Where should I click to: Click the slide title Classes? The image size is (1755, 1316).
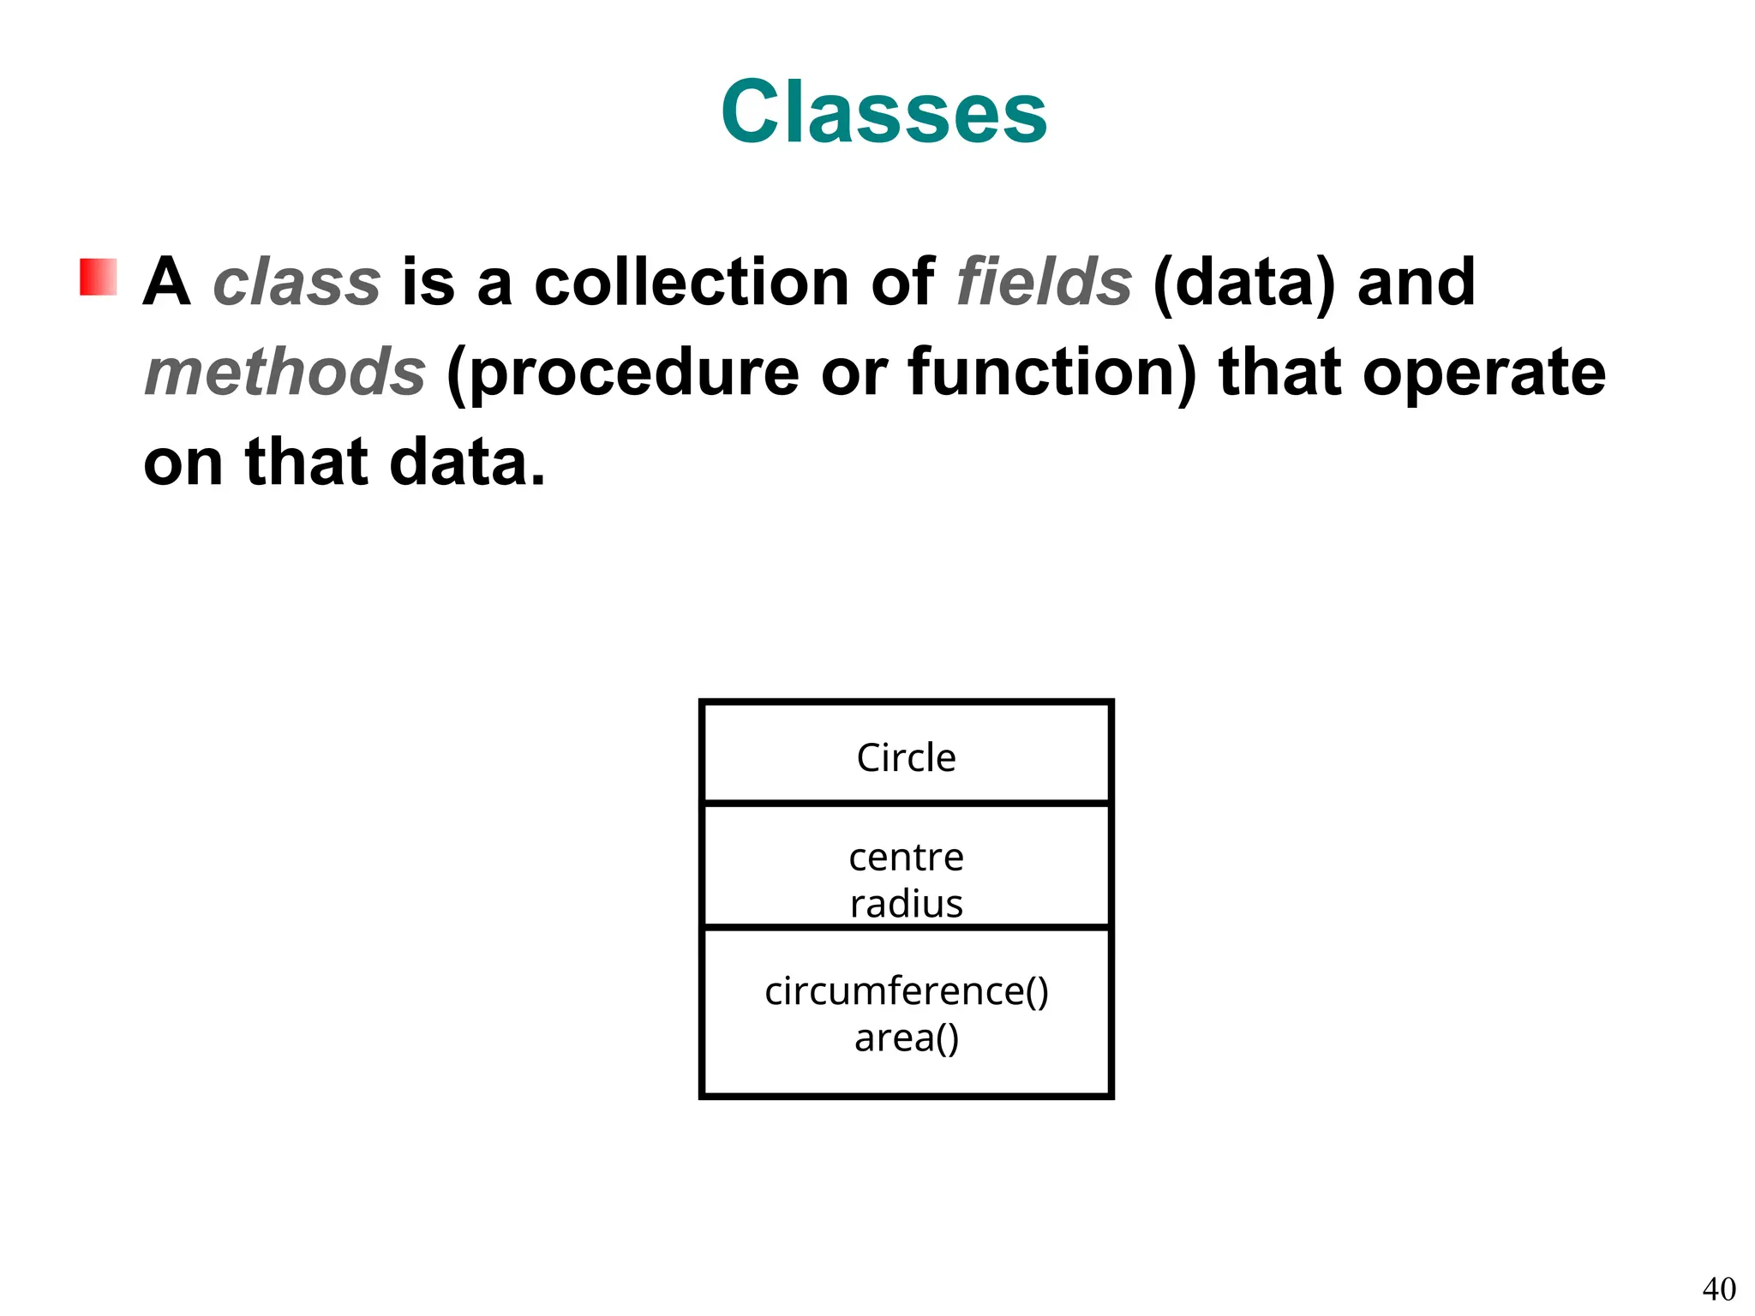pyautogui.click(x=883, y=112)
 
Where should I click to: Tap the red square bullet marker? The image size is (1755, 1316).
pyautogui.click(x=99, y=277)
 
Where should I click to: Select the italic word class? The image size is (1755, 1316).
pyautogui.click(x=296, y=282)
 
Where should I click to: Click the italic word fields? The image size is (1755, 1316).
pyautogui.click(x=1045, y=282)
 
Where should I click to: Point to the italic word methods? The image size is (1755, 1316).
pyautogui.click(x=285, y=373)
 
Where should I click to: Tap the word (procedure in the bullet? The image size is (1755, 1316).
pyautogui.click(x=623, y=374)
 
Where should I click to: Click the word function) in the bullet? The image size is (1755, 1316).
pyautogui.click(x=1053, y=373)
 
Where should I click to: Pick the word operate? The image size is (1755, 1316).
pyautogui.click(x=1484, y=374)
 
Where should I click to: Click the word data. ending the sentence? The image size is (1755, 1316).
pyautogui.click(x=467, y=463)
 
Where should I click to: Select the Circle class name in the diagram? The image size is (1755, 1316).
pyautogui.click(x=906, y=757)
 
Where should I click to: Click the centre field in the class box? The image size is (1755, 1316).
pyautogui.click(x=906, y=858)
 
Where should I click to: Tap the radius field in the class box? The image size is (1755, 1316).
pyautogui.click(x=906, y=904)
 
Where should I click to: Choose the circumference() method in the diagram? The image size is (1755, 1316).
pyautogui.click(x=906, y=991)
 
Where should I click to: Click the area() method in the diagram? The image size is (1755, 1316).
pyautogui.click(x=906, y=1038)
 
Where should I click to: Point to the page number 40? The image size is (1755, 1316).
pyautogui.click(x=1718, y=1289)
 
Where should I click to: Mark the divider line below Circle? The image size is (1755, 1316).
pyautogui.click(x=906, y=803)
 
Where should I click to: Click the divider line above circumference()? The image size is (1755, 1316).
pyautogui.click(x=906, y=927)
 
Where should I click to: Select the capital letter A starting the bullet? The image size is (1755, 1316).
pyautogui.click(x=166, y=282)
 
